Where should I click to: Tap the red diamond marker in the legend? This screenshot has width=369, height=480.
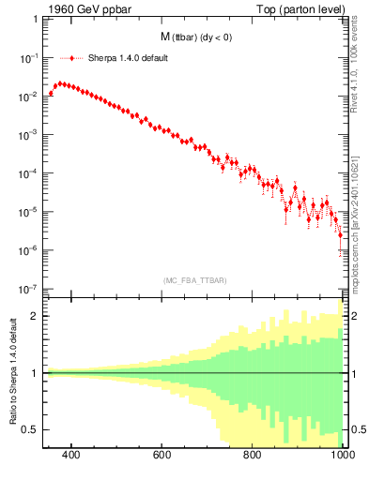71,56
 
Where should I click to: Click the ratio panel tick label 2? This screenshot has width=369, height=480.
35,316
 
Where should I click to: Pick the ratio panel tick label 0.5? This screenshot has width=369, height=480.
31,429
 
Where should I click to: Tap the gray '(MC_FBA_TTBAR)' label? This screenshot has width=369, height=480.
194,279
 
